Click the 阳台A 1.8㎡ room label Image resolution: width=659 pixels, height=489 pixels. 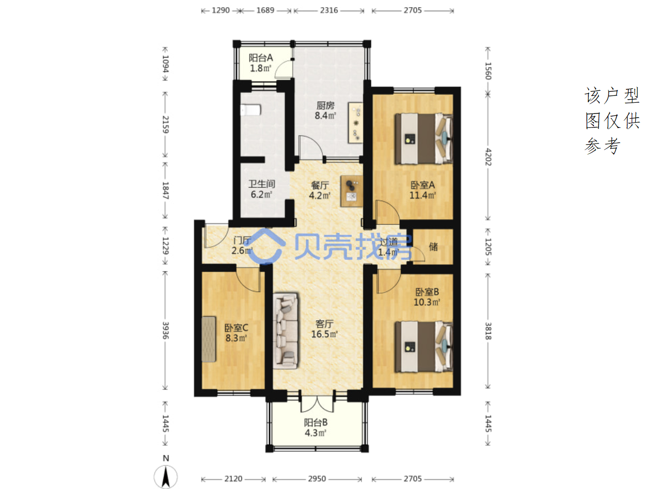pos(261,63)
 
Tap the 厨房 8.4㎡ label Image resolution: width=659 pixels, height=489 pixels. pos(325,110)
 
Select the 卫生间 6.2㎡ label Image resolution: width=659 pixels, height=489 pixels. pos(261,189)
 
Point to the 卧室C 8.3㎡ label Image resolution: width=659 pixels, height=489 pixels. pos(236,333)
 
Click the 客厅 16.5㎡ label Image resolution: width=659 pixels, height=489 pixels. pos(324,329)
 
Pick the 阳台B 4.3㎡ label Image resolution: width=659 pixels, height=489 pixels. pos(316,428)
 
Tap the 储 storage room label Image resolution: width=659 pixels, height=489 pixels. pos(433,247)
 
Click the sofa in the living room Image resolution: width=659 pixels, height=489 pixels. pos(286,331)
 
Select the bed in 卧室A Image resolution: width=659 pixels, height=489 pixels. pos(423,139)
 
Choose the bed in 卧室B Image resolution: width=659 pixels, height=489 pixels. pos(423,347)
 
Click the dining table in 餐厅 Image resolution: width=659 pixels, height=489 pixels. pos(352,191)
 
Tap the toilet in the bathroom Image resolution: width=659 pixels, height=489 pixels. pos(250,110)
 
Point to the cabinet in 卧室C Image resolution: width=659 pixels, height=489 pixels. pos(209,339)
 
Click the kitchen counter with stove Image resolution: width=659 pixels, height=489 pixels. pos(355,123)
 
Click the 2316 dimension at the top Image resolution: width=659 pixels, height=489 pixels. pos(329,10)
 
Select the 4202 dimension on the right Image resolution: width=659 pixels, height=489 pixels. pos(488,157)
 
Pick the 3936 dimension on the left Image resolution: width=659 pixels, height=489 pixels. pos(165,330)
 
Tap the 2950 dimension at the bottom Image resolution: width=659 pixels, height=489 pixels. pos(317,479)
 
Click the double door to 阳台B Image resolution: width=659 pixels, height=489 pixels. pos(317,404)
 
